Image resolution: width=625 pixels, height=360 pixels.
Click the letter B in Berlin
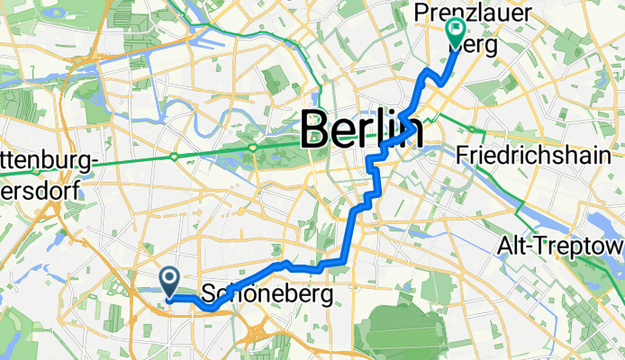[x=318, y=130]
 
